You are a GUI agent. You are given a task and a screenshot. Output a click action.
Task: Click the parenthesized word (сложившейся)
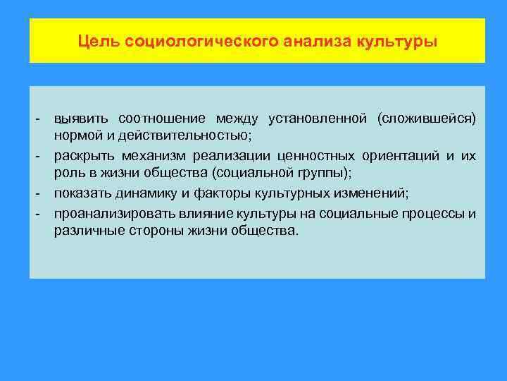427,117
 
